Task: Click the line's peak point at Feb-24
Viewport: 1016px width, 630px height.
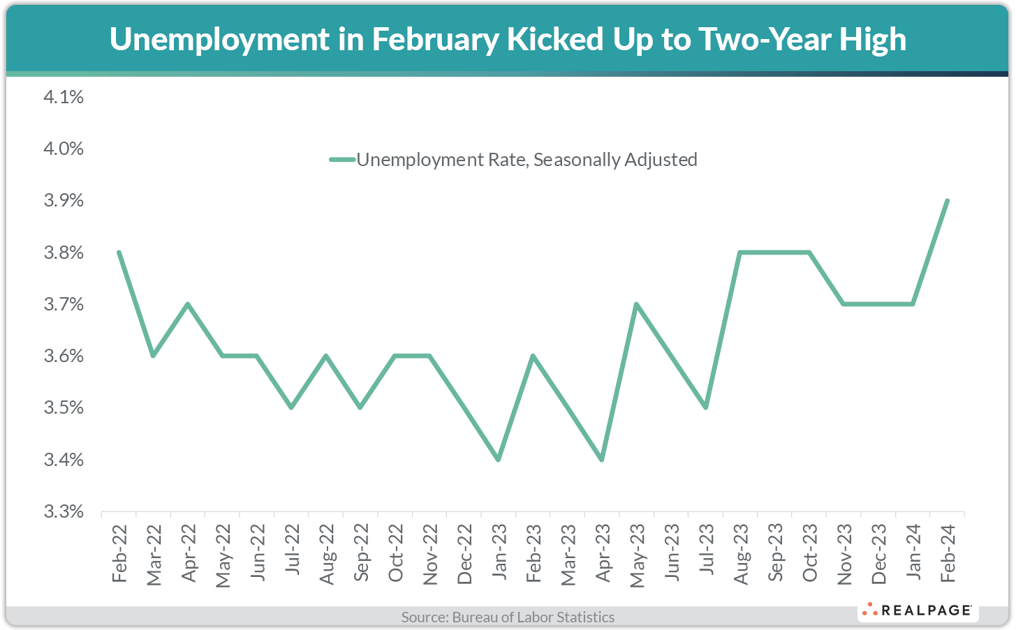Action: (947, 200)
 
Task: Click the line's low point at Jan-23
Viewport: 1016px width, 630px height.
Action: (498, 460)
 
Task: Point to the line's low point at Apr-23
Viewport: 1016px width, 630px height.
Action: (601, 460)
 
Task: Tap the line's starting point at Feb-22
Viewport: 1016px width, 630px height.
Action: (119, 252)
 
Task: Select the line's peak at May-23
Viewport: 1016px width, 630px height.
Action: (636, 304)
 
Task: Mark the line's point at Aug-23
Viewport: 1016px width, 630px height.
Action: (739, 252)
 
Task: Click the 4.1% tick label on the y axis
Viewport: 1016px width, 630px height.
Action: (64, 97)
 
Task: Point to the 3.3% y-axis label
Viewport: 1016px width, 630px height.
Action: (64, 512)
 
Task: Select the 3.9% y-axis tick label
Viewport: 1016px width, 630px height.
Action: (64, 201)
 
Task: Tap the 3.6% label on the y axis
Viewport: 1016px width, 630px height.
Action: (64, 357)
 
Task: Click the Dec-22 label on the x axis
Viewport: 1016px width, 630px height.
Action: (464, 555)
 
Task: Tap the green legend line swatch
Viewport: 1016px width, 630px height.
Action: (342, 160)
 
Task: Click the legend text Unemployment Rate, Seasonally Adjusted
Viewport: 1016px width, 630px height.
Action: (527, 160)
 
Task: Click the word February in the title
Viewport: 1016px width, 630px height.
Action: (435, 39)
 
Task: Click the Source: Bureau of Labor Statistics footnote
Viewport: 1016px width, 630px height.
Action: (508, 617)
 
